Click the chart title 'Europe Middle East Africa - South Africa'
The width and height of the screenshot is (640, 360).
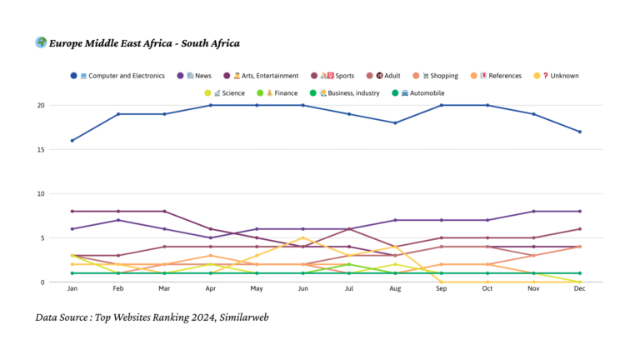[144, 43]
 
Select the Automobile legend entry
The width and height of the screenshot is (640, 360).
[421, 92]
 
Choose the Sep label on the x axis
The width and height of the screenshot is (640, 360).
[442, 289]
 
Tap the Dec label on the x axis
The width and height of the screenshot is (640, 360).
[579, 289]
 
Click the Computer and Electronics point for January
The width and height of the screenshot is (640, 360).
[72, 141]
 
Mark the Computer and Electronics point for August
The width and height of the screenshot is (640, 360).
[396, 123]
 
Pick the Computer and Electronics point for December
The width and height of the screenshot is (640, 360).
[579, 132]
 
